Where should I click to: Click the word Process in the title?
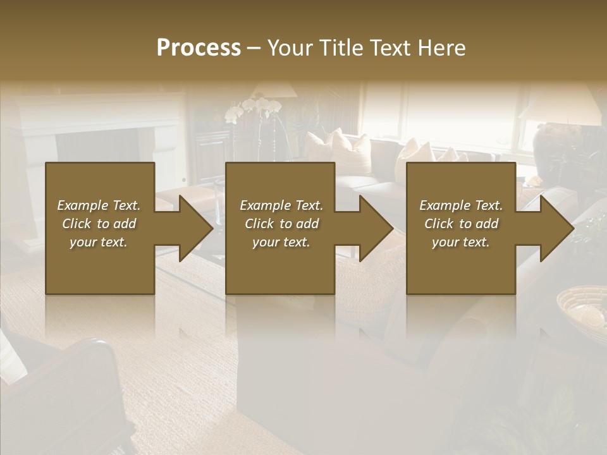pyautogui.click(x=199, y=48)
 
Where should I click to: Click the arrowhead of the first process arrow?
pyautogui.click(x=196, y=228)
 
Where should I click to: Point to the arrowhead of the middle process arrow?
pyautogui.click(x=376, y=228)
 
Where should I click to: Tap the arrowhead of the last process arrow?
pyautogui.click(x=557, y=228)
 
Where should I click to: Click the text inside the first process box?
pyautogui.click(x=99, y=224)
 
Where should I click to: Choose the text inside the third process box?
pyautogui.click(x=461, y=224)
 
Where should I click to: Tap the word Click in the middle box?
pyautogui.click(x=259, y=224)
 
